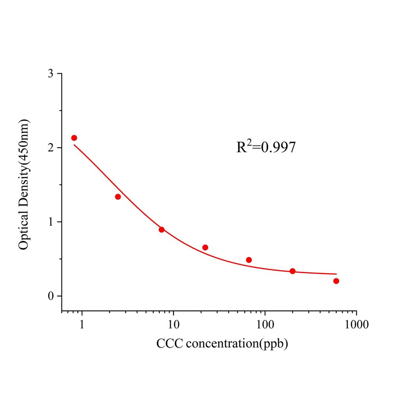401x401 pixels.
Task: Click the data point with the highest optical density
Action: [x=74, y=138]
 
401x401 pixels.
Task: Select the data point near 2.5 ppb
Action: [x=118, y=197]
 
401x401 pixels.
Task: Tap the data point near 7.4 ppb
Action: [x=161, y=229]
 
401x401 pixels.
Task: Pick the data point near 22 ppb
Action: [x=205, y=247]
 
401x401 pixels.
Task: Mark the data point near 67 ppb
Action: [x=249, y=260]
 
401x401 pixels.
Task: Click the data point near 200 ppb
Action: [x=293, y=271]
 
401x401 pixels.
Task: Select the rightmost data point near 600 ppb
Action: [x=336, y=281]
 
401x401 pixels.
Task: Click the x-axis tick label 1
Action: [x=82, y=325]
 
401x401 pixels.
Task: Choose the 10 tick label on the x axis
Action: [x=173, y=325]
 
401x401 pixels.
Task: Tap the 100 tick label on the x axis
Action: [x=265, y=325]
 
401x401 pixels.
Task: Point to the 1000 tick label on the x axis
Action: [x=356, y=325]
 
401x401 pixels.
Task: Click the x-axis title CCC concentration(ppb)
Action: [x=222, y=344]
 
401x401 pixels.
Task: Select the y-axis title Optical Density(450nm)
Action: [x=24, y=184]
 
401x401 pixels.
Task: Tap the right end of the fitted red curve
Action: [x=336, y=274]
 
